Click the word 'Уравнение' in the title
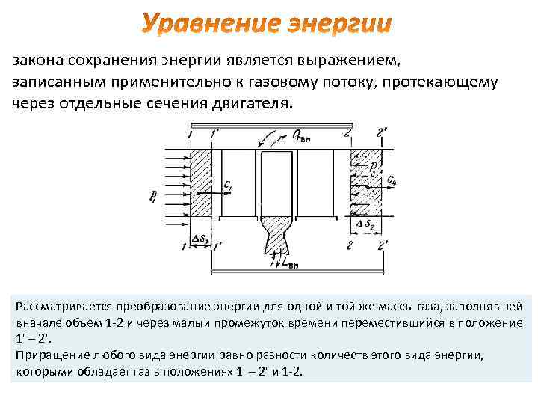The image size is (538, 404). click(207, 25)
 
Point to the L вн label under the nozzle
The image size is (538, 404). click(288, 262)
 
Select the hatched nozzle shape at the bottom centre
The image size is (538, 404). click(277, 239)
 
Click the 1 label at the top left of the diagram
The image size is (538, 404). click(191, 133)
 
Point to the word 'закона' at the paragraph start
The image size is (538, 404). click(38, 60)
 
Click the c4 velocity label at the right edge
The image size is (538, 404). click(392, 180)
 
